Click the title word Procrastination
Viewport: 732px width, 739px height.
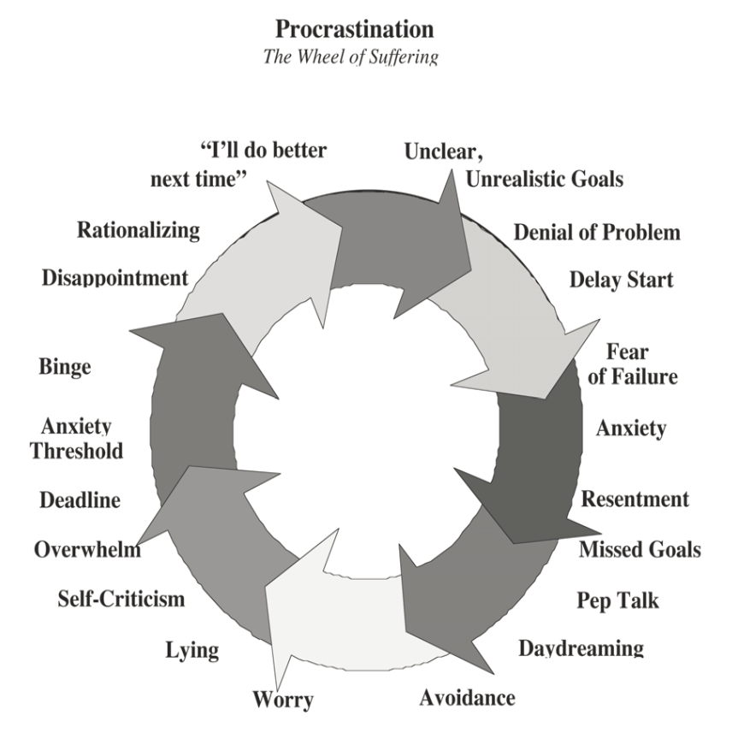coord(354,29)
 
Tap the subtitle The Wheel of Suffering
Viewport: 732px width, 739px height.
coord(351,56)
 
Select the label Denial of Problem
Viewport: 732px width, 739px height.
coord(597,233)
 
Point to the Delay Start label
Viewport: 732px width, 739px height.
coord(621,280)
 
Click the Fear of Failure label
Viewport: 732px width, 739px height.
coord(633,364)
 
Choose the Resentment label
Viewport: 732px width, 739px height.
coord(635,500)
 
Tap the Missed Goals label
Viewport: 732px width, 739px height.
coord(640,549)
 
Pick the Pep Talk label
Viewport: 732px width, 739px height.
coord(617,600)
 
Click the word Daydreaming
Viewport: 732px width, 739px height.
coord(581,648)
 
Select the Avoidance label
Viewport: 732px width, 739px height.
coord(467,698)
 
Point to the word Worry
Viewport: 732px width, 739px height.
coord(283,700)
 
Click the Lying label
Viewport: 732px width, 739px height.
coord(192,650)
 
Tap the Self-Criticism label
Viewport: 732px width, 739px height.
coord(121,599)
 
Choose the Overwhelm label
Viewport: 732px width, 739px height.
coord(87,549)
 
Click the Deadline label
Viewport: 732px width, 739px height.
coord(80,500)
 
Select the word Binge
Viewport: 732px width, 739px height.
coord(65,367)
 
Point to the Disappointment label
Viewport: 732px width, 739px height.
coord(115,279)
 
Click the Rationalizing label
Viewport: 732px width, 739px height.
coord(138,231)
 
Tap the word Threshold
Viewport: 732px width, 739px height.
coord(76,451)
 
